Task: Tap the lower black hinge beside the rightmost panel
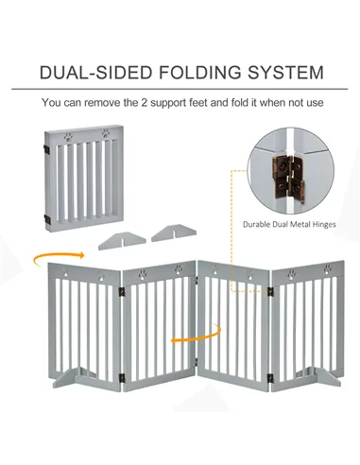[x=271, y=377]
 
